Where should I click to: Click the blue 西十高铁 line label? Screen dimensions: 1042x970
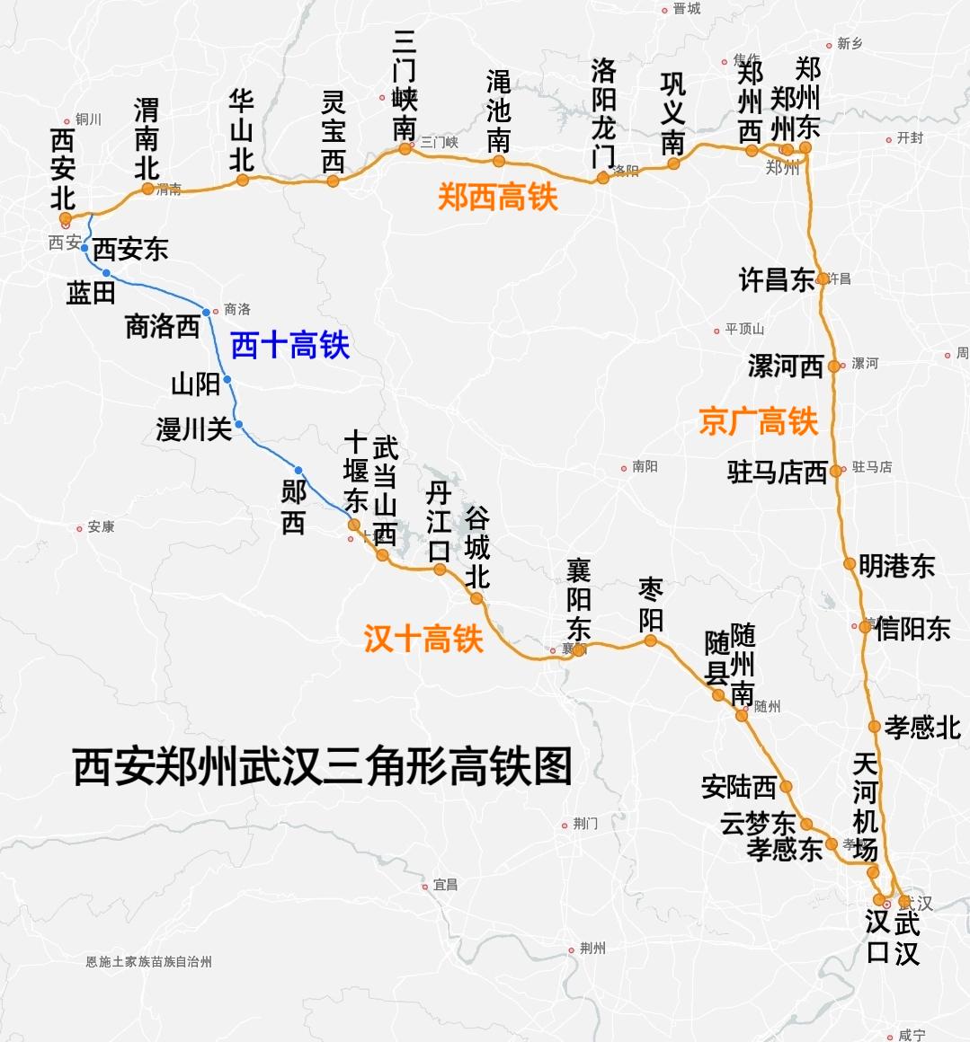tap(289, 345)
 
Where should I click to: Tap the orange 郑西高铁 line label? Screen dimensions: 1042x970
tap(498, 197)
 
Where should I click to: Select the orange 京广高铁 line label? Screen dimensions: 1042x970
tap(759, 420)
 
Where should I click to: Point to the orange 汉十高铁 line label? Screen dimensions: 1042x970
tap(423, 639)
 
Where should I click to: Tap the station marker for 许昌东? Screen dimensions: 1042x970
tap(823, 279)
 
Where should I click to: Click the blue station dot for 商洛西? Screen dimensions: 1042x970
tap(207, 313)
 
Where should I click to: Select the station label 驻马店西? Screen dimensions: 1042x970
tap(777, 472)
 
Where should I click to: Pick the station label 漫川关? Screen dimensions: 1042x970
tap(194, 429)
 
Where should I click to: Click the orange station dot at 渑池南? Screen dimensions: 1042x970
tap(498, 162)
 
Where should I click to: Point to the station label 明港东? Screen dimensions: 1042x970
tap(896, 565)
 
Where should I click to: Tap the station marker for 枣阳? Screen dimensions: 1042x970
tap(650, 640)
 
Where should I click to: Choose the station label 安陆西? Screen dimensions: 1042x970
tap(739, 787)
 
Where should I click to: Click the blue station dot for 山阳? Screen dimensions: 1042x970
tap(227, 380)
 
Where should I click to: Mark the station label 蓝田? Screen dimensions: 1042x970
tap(91, 293)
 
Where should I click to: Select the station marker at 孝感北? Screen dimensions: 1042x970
tap(874, 727)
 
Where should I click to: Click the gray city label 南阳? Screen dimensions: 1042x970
tap(645, 467)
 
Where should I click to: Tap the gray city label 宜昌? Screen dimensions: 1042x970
tap(445, 885)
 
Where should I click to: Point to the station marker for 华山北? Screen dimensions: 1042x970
tap(243, 181)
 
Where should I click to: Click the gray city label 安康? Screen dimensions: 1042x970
tap(101, 527)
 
